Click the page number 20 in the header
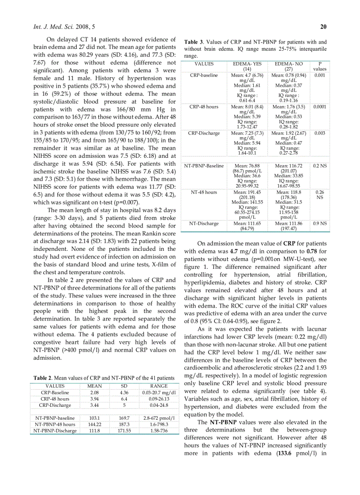click(323, 27)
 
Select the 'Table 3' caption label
click(194, 42)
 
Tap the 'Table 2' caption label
click(44, 378)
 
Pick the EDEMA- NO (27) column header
click(289, 67)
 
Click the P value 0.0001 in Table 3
click(320, 107)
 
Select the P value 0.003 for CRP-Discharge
click(320, 133)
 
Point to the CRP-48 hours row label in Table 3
click(204, 107)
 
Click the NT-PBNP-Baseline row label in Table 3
click(204, 166)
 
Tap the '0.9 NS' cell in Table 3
click(320, 223)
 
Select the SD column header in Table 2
click(124, 386)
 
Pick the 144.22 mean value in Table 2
click(94, 424)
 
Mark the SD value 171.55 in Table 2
click(124, 431)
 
